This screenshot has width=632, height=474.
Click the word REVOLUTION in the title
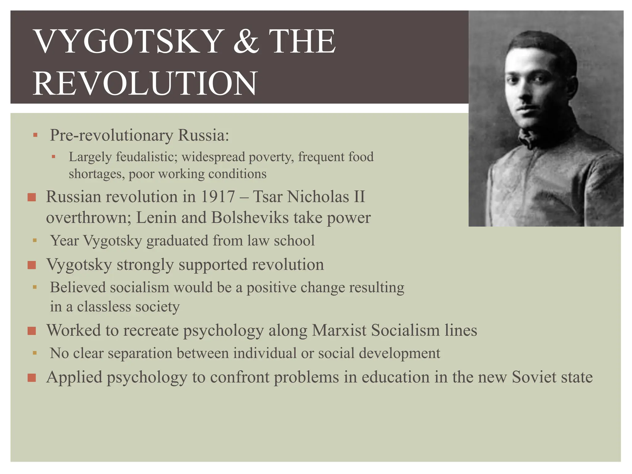point(145,83)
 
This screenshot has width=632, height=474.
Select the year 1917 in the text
point(218,197)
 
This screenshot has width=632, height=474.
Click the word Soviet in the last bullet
point(534,377)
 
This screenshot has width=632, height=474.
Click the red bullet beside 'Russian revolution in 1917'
point(32,197)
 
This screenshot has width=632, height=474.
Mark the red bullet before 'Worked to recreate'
point(32,331)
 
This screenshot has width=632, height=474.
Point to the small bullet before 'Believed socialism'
point(35,287)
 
